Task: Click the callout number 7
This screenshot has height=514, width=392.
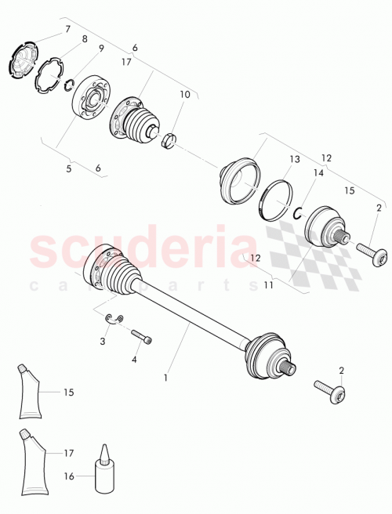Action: point(67,29)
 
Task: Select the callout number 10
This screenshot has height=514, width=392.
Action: point(185,95)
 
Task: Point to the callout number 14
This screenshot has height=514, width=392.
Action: point(318,172)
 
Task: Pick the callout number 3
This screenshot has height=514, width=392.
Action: point(103,342)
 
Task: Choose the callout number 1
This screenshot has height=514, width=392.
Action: point(165,378)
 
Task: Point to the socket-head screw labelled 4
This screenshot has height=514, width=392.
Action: point(142,337)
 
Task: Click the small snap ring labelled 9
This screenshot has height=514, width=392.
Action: point(69,88)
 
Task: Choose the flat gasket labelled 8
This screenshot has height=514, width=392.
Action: point(49,76)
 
